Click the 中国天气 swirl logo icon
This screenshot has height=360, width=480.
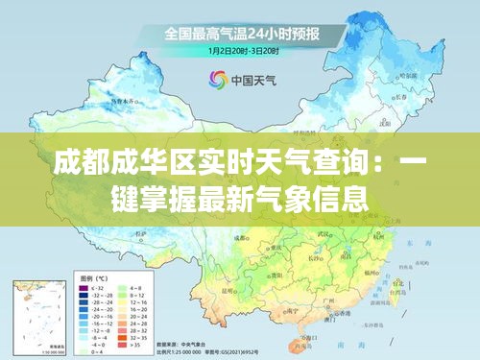(215, 80)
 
